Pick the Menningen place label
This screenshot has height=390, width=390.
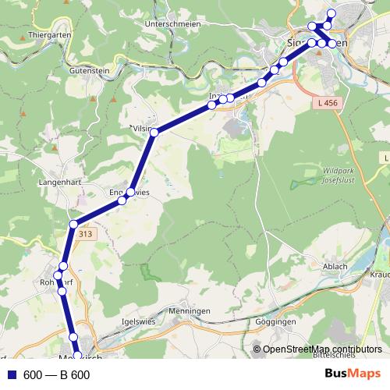tap(189, 310)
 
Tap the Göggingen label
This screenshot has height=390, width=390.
tap(275, 321)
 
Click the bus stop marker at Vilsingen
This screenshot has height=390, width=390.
tap(154, 133)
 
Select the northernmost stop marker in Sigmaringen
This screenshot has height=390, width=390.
tap(331, 12)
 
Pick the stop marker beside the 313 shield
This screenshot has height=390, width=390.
tap(73, 225)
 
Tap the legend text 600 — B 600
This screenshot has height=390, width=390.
tap(57, 375)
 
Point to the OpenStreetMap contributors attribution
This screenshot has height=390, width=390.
tap(322, 349)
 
